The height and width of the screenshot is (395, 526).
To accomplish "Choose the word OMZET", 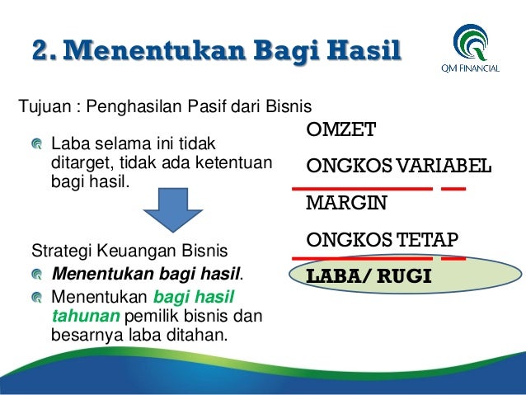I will click(x=340, y=130).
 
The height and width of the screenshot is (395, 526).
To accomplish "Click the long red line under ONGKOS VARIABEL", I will click(x=362, y=189).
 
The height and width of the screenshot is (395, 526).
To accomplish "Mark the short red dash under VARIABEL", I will click(x=453, y=189).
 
